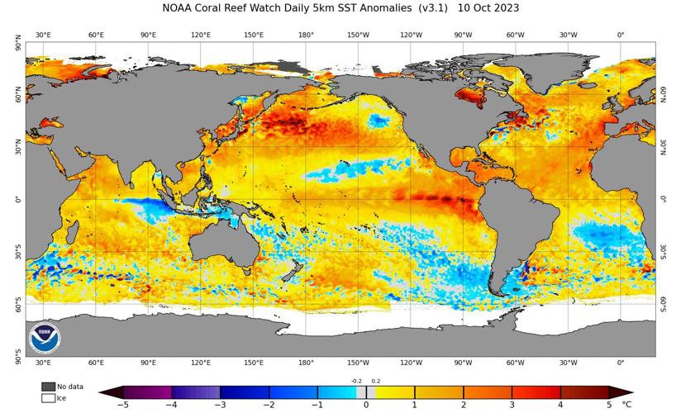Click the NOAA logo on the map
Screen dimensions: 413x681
pos(44,337)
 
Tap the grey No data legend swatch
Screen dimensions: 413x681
pos(48,387)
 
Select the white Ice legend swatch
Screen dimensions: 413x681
pos(48,398)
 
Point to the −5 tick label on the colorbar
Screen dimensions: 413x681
pos(121,405)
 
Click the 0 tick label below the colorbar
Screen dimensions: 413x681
pos(366,405)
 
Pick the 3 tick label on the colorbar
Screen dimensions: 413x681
pos(512,405)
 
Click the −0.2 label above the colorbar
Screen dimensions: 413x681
pos(356,381)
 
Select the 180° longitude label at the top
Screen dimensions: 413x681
pos(306,35)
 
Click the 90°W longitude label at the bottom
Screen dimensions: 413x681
pos(464,363)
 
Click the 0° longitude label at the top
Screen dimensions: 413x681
pos(621,35)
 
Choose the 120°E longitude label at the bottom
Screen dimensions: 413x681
pos(201,363)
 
